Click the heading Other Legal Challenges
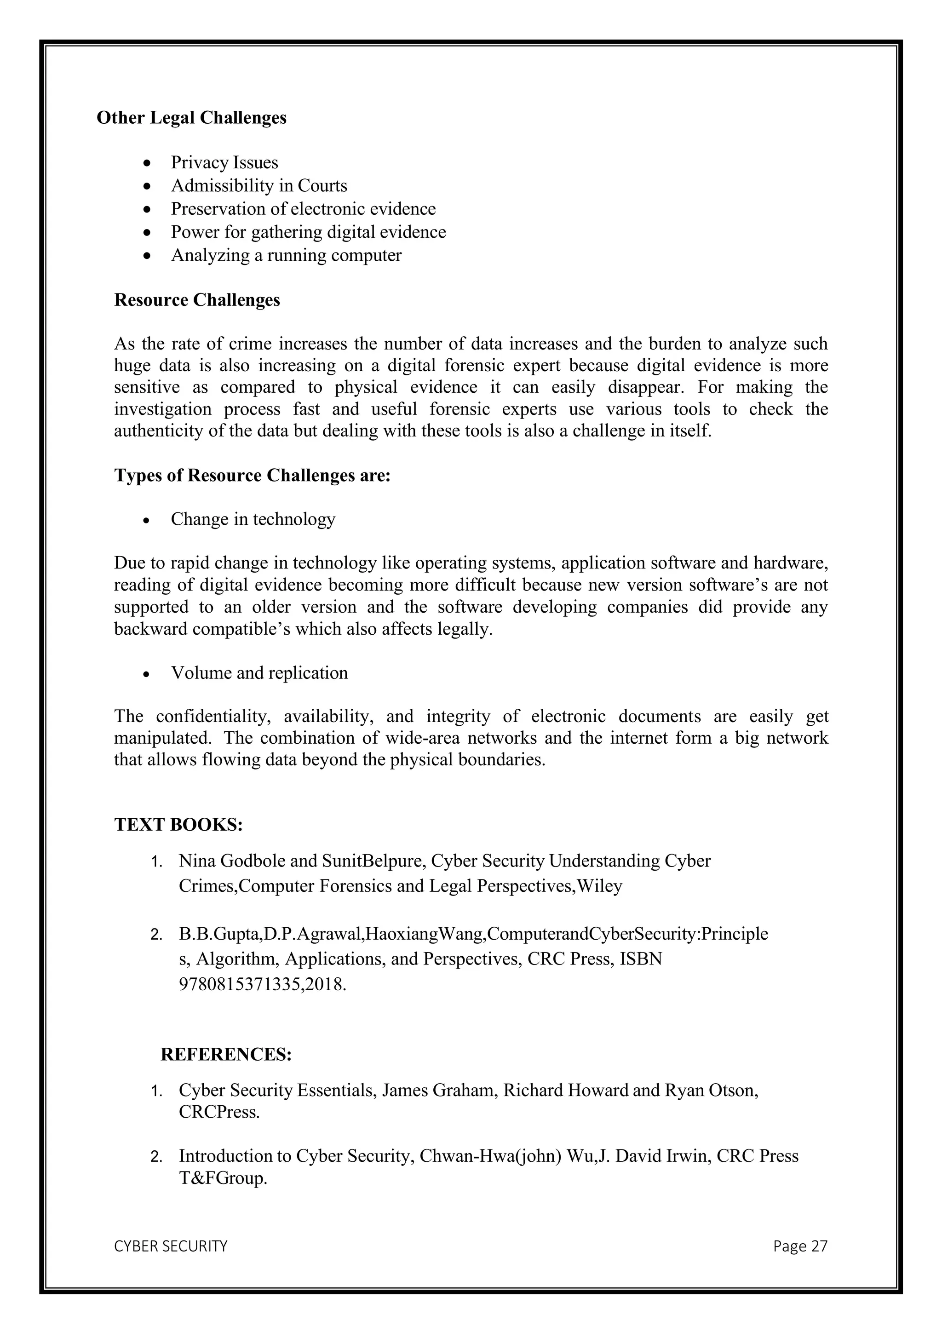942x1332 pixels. click(x=191, y=118)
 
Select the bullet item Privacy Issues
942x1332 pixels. click(x=224, y=162)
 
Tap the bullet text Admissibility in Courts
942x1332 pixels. click(x=258, y=186)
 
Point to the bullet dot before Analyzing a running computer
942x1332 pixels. click(x=149, y=256)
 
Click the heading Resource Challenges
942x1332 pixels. click(x=197, y=300)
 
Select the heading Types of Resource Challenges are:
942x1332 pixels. click(x=253, y=475)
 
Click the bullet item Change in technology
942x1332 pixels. click(x=253, y=519)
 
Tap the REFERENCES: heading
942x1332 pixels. click(x=226, y=1054)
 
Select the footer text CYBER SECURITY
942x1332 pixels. click(x=171, y=1246)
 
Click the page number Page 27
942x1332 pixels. click(x=800, y=1246)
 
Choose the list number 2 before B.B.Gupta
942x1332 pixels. click(x=155, y=935)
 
